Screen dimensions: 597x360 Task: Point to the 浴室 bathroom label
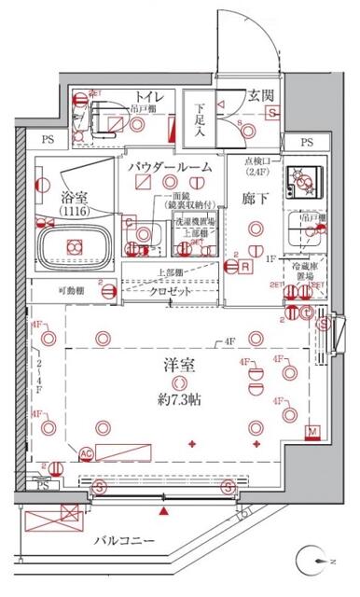(x=76, y=198)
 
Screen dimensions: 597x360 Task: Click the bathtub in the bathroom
(x=75, y=246)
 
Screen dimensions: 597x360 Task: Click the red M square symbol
(x=313, y=431)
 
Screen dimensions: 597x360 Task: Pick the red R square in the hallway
(x=244, y=266)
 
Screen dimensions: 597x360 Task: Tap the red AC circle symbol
(x=86, y=454)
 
